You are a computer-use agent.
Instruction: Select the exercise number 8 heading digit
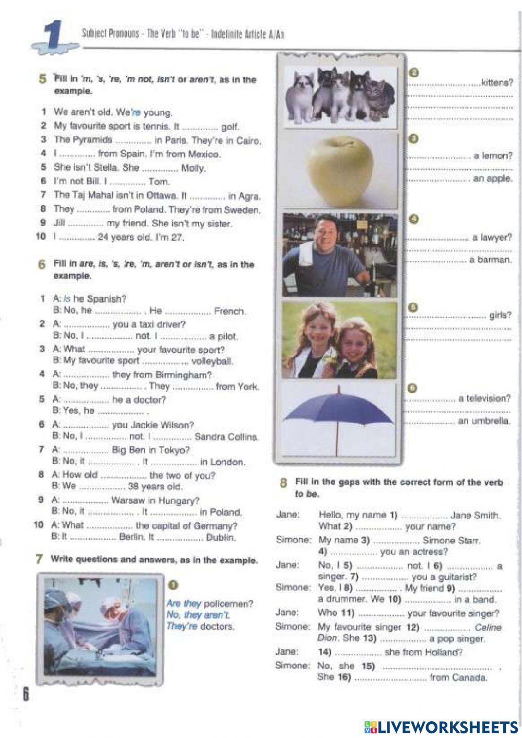coord(283,483)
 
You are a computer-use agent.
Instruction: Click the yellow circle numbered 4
coord(413,219)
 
